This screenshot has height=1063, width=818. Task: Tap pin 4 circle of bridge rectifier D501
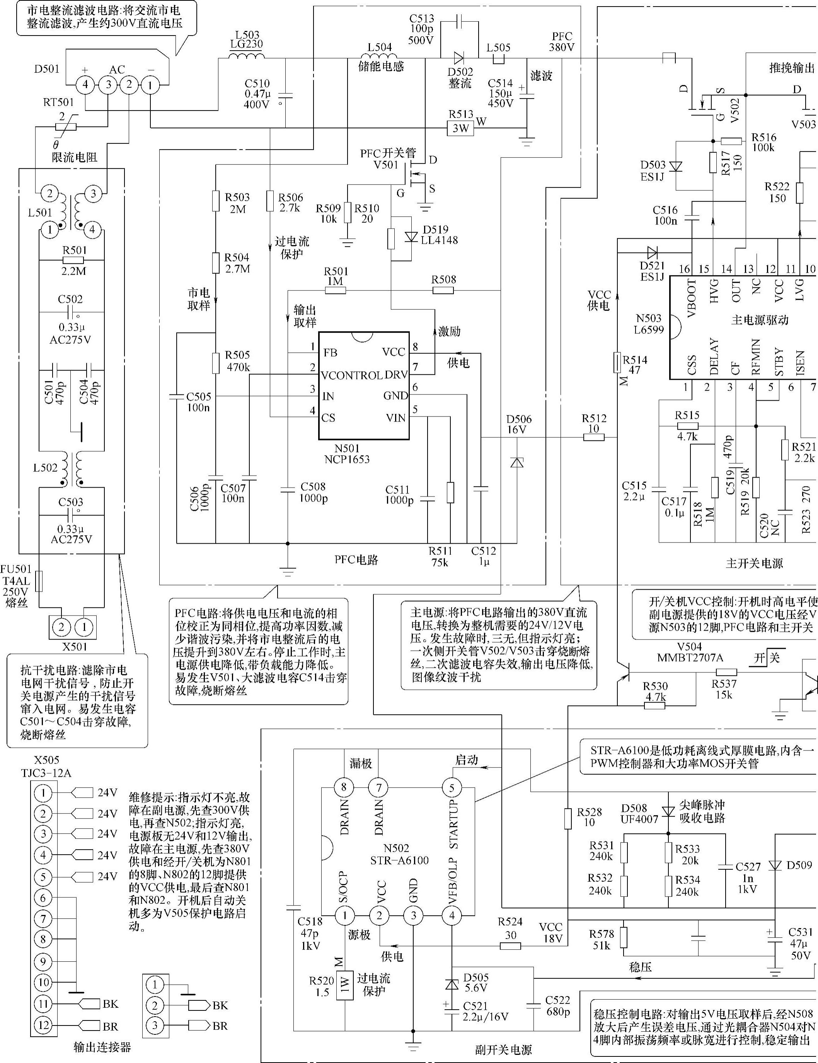pyautogui.click(x=85, y=85)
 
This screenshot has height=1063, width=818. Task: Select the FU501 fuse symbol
pyautogui.click(x=39, y=581)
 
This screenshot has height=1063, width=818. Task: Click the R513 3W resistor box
pyautogui.click(x=460, y=128)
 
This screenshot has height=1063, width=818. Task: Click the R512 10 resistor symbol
pyautogui.click(x=594, y=437)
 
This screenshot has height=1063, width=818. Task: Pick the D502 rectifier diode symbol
pyautogui.click(x=458, y=58)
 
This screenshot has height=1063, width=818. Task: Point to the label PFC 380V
pyautogui.click(x=562, y=42)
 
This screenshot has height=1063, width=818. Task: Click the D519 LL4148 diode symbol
pyautogui.click(x=412, y=237)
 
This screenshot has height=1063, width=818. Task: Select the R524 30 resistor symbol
pyautogui.click(x=510, y=946)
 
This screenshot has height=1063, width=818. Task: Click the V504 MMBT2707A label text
pyautogui.click(x=690, y=653)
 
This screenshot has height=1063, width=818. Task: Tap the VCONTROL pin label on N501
pyautogui.click(x=351, y=375)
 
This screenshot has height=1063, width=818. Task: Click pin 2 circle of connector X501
pyautogui.click(x=61, y=626)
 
